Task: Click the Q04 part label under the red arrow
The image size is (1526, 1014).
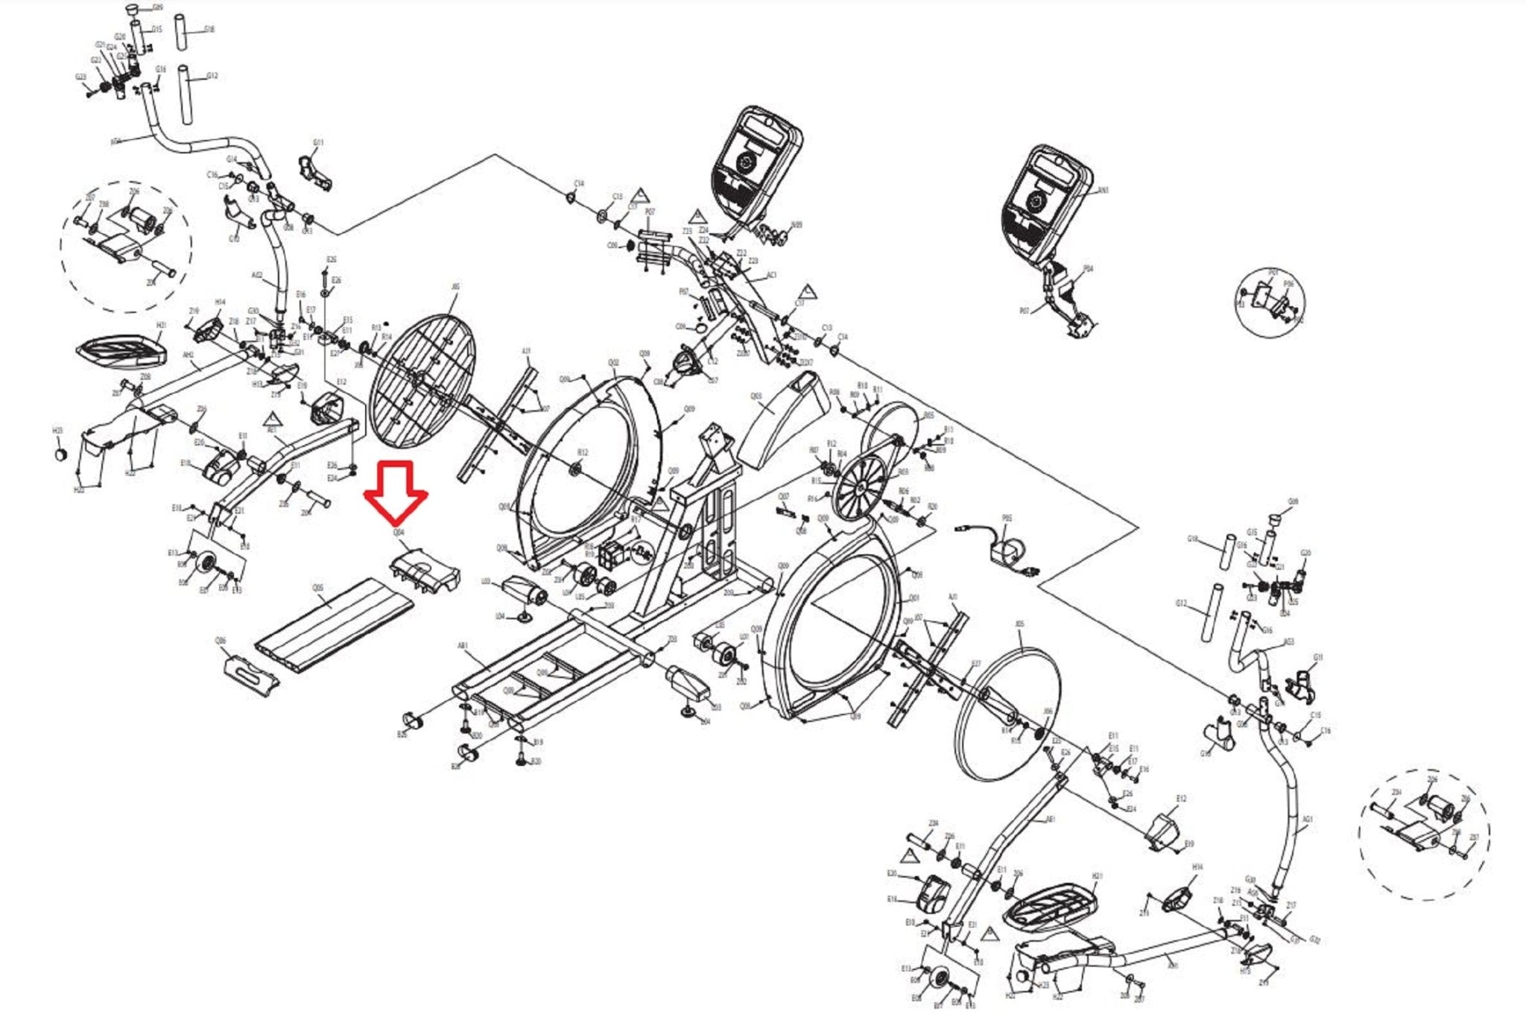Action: [399, 533]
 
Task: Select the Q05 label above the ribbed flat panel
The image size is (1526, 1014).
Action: [318, 588]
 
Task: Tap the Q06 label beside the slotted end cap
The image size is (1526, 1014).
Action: [221, 641]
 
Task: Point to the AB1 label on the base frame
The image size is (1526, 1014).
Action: [463, 646]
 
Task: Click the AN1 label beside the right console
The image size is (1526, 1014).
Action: [1104, 190]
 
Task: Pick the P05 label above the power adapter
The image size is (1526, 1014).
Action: [1007, 518]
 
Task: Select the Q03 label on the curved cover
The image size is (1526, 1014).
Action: [756, 397]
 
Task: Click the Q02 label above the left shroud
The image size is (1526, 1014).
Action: [612, 363]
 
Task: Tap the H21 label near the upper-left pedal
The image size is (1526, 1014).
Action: [161, 326]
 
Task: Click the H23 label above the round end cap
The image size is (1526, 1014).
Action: [57, 431]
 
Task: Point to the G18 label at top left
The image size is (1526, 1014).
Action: [209, 30]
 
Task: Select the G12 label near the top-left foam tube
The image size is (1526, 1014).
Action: [212, 76]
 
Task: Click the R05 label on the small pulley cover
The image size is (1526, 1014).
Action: [928, 416]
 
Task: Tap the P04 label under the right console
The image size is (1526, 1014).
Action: [1088, 269]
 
